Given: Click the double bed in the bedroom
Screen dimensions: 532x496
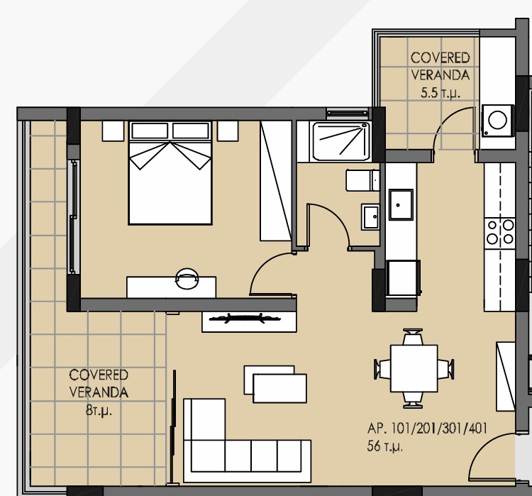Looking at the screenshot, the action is coord(170,173).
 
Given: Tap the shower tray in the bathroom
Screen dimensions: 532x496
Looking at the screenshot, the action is coord(341,142).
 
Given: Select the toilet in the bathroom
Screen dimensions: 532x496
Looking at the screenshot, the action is coord(362,180).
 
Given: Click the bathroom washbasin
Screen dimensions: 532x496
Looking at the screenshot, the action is coord(370,216).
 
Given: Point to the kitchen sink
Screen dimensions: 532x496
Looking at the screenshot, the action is coord(401,204).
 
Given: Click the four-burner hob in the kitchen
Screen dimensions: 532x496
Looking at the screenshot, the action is coord(500,232).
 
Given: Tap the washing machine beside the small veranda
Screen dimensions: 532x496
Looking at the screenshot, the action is coord(497,121).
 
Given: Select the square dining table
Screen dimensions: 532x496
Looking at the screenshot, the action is coord(414,368).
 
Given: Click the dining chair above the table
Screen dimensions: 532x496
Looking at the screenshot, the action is coord(413,337).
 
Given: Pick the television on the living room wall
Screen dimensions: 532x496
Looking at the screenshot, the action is coord(245,319).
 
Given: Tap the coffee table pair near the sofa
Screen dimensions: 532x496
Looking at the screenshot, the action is coord(275,384).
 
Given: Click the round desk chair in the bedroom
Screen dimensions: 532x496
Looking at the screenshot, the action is coord(187,278).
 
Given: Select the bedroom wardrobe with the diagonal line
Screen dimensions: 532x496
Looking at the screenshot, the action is coord(276,181).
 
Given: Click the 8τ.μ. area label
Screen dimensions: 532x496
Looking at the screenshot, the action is coord(99,411).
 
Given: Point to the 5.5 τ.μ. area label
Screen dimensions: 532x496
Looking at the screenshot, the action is coord(440,93).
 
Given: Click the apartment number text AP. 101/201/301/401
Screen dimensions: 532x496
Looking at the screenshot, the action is coord(427,429).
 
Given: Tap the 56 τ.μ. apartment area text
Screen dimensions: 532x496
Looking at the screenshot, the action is coord(384,446).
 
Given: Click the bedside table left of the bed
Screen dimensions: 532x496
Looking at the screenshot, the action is coord(113,131).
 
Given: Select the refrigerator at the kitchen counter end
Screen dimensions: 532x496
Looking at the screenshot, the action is coord(403,278).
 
